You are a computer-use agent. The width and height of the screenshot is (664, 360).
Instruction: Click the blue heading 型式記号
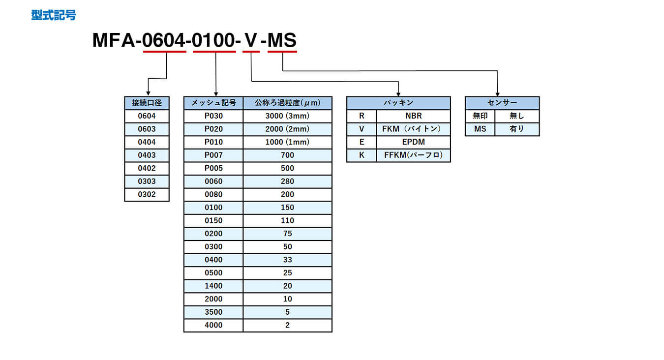54,15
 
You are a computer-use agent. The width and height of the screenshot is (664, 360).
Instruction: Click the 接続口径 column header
147,103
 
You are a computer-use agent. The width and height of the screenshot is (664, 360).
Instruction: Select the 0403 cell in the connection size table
147,155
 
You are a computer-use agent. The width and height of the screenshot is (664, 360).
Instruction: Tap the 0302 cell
147,194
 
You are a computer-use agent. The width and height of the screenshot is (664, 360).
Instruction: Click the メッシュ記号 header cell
213,103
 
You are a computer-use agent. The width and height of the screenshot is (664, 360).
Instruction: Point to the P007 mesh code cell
213,155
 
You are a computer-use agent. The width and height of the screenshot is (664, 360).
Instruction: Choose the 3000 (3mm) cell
287,116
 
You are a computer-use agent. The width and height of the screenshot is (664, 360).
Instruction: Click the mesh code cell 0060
213,181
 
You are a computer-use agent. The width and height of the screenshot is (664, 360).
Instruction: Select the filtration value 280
287,181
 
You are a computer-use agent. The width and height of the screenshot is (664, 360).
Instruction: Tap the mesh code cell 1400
213,286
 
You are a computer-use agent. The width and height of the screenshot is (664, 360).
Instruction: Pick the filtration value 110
287,220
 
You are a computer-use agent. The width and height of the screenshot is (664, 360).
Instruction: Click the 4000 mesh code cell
213,325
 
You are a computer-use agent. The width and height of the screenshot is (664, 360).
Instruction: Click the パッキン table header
398,103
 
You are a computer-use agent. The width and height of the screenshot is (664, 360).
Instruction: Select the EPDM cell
413,142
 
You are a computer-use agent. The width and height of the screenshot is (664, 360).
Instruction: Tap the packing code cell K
362,155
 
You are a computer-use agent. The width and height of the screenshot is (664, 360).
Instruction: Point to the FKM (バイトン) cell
413,129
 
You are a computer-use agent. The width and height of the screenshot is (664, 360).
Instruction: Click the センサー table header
502,103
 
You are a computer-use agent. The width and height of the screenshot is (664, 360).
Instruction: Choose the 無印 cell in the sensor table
480,116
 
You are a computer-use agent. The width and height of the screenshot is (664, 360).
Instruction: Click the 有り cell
517,129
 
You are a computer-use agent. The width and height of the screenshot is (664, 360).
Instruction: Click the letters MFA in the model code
114,40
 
